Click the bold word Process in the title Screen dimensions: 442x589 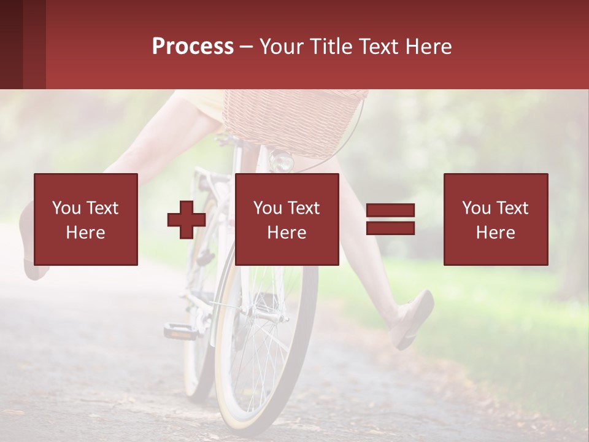tap(193, 47)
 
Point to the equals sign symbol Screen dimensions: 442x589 tap(390, 220)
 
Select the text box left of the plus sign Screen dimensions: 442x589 tap(86, 219)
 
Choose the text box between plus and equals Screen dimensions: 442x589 tap(287, 219)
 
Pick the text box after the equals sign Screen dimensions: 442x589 tap(495, 219)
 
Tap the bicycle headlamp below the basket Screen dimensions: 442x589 tap(282, 161)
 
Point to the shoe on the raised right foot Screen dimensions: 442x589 tap(414, 319)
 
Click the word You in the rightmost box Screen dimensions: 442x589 tap(476, 208)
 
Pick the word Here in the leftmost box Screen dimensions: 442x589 tap(85, 233)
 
